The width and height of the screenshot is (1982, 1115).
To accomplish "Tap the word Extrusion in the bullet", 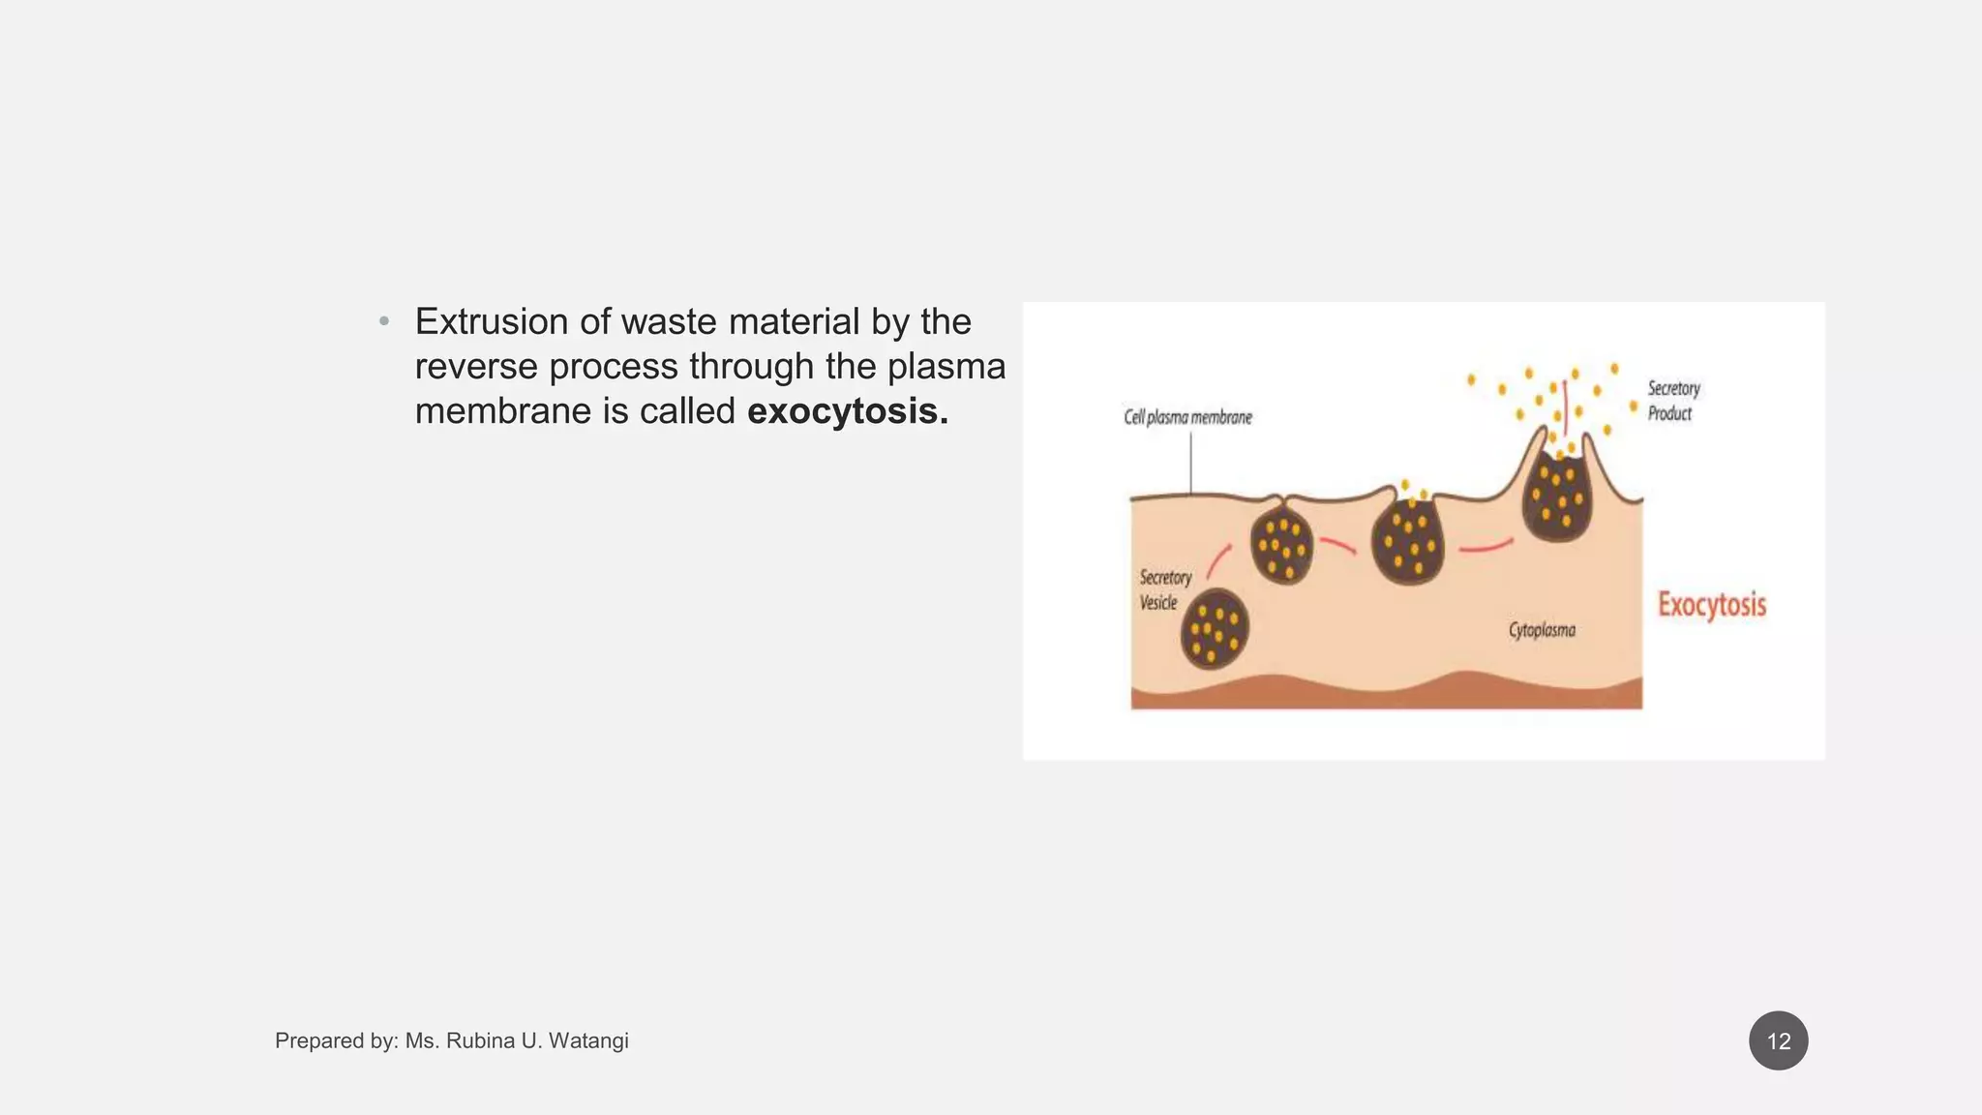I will [492, 321].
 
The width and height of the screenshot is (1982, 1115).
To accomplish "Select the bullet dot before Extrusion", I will [384, 321].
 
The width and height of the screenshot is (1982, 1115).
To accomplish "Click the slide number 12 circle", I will [1778, 1040].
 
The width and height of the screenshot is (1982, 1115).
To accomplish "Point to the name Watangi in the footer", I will [588, 1040].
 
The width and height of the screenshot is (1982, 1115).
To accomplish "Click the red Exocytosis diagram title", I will [1711, 605].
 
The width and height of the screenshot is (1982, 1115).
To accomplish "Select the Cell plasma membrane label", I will [1187, 417].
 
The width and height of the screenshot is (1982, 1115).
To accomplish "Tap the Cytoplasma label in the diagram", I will [1542, 630].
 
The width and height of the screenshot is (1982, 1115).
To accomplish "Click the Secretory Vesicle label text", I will [1164, 589].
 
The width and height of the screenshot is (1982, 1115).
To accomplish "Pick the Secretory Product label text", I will [1673, 401].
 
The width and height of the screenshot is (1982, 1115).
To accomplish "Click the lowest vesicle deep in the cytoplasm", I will [1215, 629].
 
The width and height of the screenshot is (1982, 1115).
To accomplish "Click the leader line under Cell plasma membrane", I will [1190, 463].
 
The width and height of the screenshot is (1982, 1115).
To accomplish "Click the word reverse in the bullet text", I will [475, 367].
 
